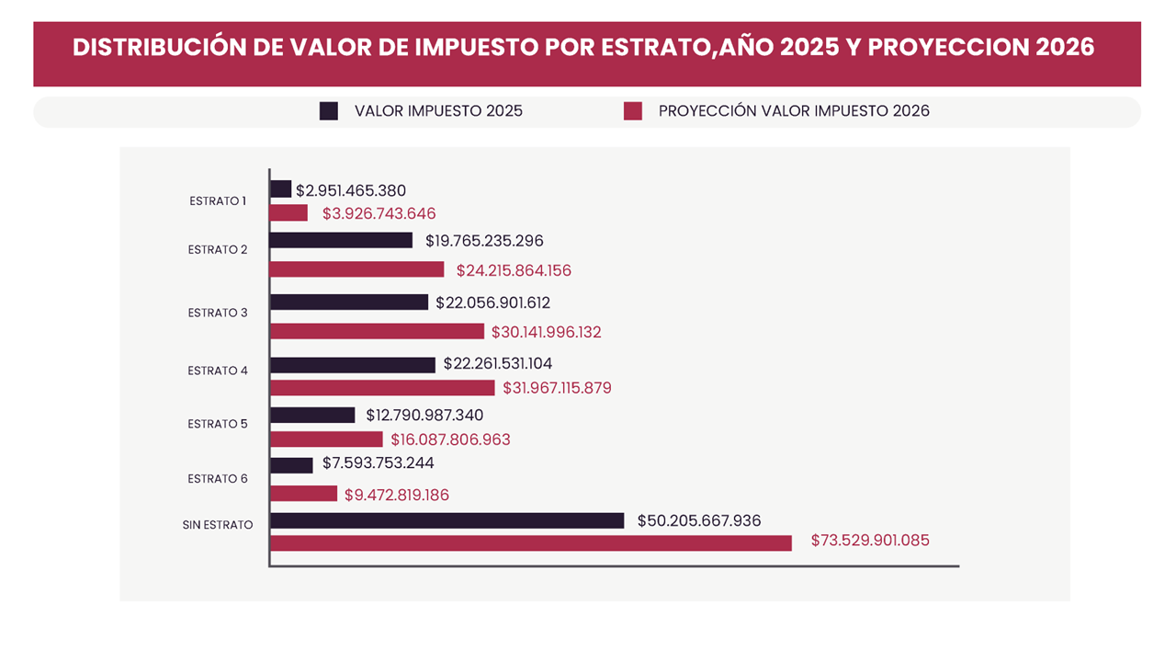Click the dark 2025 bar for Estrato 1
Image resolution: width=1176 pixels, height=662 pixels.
[x=281, y=188]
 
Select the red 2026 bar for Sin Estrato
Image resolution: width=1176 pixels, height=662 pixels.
[x=531, y=543]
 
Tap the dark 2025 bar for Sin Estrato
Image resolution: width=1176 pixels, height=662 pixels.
[x=447, y=520]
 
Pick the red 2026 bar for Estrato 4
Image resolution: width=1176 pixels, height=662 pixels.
[x=382, y=388]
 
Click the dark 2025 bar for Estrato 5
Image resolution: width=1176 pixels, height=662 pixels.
[x=312, y=415]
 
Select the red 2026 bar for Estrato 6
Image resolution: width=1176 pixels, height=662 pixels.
[x=304, y=494]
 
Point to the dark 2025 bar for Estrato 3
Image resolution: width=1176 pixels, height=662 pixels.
[x=349, y=302]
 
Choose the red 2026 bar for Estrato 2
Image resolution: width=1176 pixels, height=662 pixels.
[x=357, y=269]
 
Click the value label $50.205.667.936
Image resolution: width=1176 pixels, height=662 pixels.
[x=699, y=520]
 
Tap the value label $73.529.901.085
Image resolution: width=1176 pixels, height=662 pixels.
[x=870, y=541]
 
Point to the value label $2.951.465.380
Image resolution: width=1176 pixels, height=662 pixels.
[x=351, y=191]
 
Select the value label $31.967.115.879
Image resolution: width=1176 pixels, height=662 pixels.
[x=557, y=388]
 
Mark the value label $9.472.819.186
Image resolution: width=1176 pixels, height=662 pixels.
[x=397, y=495]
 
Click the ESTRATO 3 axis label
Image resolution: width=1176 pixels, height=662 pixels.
[x=218, y=313]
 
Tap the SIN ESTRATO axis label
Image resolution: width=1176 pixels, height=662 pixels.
[x=218, y=525]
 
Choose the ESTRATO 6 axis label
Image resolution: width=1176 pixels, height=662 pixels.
[x=218, y=479]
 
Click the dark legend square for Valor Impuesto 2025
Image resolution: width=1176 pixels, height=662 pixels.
[x=329, y=111]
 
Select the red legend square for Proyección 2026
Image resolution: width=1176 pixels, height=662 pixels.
[x=632, y=111]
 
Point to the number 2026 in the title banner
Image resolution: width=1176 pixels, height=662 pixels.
[x=1064, y=48]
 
